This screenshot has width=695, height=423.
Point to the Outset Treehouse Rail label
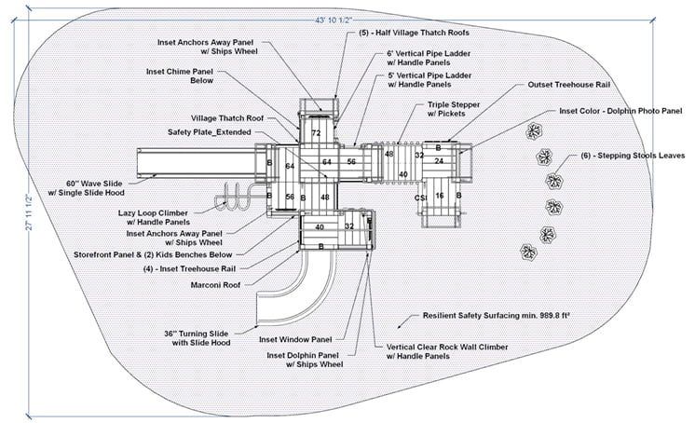tap(566, 84)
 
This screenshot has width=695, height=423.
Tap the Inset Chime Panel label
tap(183, 75)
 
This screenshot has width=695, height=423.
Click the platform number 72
tap(317, 134)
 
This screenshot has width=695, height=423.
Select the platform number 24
tap(439, 161)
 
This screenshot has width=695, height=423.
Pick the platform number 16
tap(439, 196)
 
